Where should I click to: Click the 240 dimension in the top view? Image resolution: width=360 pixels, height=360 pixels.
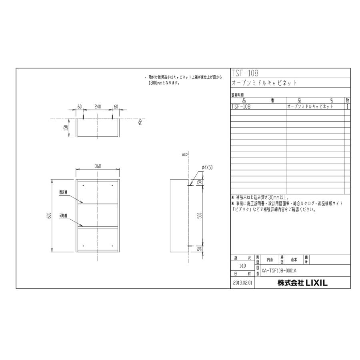[98, 107]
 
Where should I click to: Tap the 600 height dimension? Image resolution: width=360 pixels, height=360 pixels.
[48, 216]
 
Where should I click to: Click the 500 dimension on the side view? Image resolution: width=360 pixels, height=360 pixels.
[199, 215]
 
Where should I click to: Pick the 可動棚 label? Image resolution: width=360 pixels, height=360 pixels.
[63, 216]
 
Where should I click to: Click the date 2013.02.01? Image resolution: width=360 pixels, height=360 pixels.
[242, 283]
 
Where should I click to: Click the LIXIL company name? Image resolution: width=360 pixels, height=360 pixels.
[302, 283]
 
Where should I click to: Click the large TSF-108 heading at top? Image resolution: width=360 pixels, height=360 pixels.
[245, 73]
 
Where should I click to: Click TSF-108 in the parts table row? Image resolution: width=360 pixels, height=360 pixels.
[241, 107]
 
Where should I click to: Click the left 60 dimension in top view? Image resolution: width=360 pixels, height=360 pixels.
[79, 107]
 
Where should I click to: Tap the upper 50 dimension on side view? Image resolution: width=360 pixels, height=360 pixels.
[199, 182]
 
